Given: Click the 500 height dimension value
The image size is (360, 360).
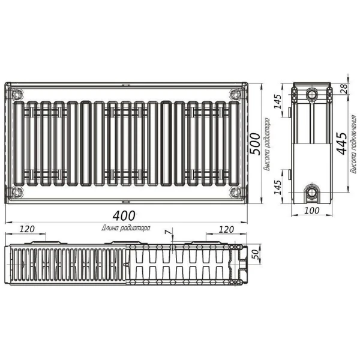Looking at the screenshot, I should coord(254,144).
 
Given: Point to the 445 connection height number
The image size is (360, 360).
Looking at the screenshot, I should coord(340,145).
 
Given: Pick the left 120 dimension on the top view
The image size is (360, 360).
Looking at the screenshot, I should coord(27,229).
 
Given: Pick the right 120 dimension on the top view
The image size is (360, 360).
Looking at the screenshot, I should coord(226,229).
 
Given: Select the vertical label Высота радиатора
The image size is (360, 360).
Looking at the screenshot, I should coord(267,144).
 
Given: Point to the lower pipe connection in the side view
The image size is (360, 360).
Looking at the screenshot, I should coord(311,193).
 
